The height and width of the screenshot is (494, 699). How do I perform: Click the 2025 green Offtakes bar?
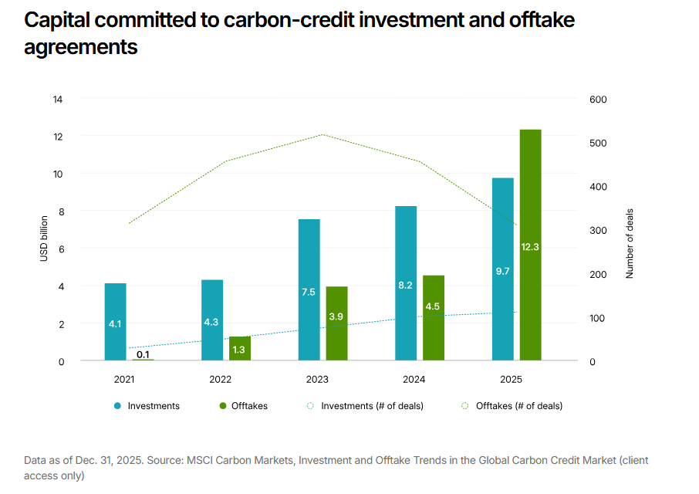(531, 245)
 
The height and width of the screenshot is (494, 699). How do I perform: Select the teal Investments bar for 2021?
(116, 322)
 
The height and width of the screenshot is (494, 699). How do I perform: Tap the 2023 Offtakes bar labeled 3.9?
(336, 323)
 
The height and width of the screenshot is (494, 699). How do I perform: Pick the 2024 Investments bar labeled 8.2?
(406, 283)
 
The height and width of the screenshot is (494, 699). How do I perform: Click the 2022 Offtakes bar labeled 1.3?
(240, 348)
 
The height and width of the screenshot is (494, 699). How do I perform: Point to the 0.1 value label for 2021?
(143, 354)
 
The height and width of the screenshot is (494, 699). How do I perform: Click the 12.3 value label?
(530, 246)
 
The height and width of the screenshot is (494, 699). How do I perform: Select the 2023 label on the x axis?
(317, 380)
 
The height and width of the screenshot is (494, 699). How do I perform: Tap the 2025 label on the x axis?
(511, 380)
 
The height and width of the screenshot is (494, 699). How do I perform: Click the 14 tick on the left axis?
(58, 100)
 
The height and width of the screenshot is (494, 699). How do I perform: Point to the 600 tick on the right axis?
(598, 100)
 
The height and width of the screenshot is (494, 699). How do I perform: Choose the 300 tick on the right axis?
(598, 231)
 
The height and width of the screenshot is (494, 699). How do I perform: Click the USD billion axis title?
(44, 239)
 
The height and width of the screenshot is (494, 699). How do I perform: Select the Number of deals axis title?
(630, 243)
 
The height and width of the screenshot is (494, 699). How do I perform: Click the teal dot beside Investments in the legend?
(118, 406)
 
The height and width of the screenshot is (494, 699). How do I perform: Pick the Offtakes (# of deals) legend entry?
(512, 406)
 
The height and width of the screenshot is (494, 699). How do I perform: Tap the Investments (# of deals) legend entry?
(365, 406)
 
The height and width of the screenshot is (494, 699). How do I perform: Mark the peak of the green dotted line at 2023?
(322, 134)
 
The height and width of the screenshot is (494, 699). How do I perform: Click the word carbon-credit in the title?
(289, 20)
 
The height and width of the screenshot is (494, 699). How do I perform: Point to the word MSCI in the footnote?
(200, 460)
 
